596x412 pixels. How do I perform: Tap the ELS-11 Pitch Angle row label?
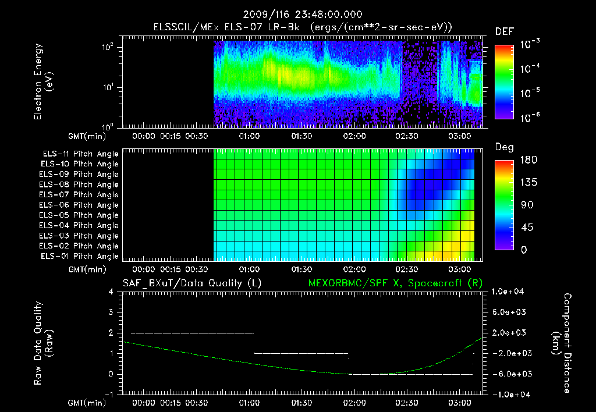[80, 154]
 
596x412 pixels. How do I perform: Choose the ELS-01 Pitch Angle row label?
[80, 256]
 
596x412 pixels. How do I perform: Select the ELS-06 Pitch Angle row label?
[80, 205]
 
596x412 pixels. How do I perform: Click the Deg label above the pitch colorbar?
[504, 147]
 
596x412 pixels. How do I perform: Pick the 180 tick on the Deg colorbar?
[526, 160]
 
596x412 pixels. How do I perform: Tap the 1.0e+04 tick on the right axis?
[509, 292]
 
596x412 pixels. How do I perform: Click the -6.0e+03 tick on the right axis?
[509, 374]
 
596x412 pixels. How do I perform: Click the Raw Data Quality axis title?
[43, 343]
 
